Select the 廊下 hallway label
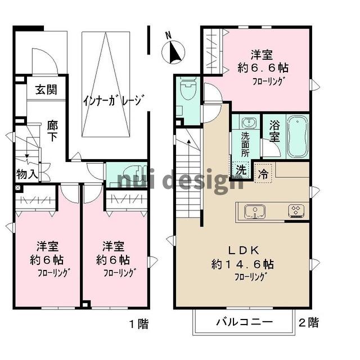coord(52,129)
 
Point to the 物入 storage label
coord(26,174)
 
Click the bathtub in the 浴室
coord(298,137)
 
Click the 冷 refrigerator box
coord(263,174)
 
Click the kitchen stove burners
coord(296,211)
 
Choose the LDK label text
coord(243,249)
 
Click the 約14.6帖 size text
coord(243,263)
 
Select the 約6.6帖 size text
coord(262,68)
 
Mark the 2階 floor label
coord(308,323)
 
